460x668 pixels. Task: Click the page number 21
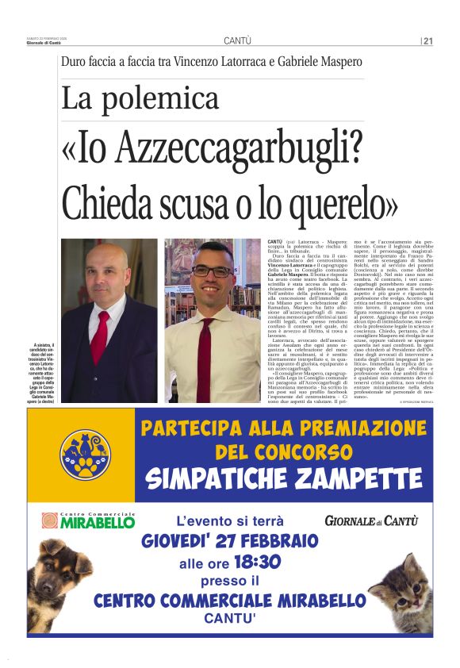(427, 41)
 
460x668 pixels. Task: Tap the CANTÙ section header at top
(237, 41)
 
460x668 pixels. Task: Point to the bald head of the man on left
(109, 254)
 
